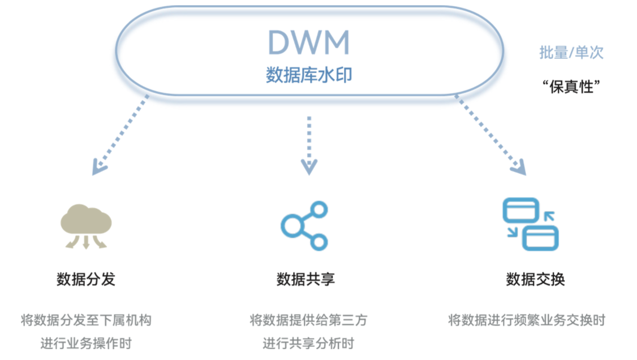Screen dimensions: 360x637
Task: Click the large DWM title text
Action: [308, 42]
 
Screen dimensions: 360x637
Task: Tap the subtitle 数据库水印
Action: [308, 75]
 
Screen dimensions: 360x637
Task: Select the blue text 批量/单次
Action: [571, 53]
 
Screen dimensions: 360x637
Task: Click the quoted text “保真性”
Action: [571, 87]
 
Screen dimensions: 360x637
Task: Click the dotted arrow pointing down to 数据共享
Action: [308, 144]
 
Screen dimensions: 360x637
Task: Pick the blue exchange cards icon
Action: [530, 225]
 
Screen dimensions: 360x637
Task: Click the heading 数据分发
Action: [86, 280]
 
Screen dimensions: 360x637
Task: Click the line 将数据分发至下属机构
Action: [86, 320]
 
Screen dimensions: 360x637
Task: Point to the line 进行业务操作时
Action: [86, 344]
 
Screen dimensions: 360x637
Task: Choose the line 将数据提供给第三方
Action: [308, 320]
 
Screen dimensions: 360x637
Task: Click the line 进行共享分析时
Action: [308, 344]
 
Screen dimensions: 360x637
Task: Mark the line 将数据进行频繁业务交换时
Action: [527, 320]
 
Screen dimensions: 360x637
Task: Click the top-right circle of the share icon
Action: [319, 209]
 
